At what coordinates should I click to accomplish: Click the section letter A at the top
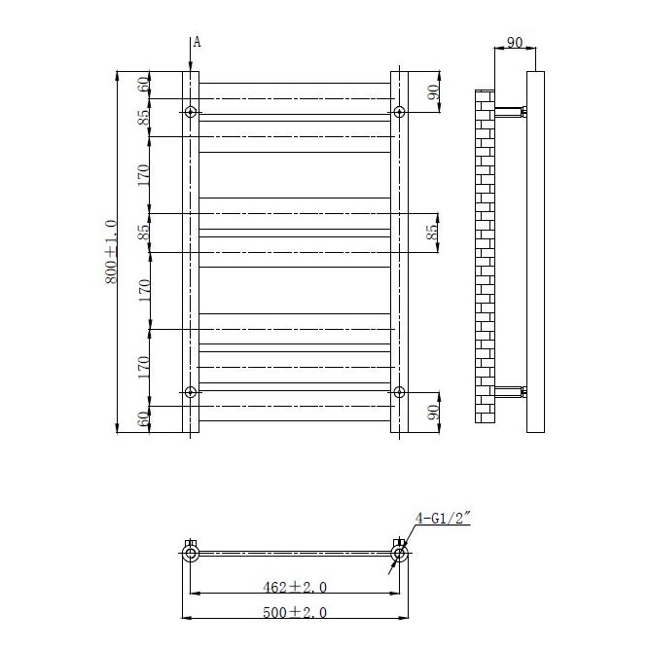[197, 41]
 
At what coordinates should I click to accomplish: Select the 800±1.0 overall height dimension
[111, 251]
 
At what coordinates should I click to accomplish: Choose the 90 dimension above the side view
[515, 43]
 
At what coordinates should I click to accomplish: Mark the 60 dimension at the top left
[144, 85]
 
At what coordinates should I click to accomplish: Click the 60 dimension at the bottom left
[144, 419]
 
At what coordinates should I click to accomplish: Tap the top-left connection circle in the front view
[191, 112]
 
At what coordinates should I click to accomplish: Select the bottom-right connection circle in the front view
[399, 392]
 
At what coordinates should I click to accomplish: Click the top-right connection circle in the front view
[399, 112]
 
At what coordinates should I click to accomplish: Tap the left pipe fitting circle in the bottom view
[191, 554]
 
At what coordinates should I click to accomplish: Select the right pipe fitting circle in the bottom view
[398, 554]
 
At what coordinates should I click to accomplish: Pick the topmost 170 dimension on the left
[144, 175]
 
